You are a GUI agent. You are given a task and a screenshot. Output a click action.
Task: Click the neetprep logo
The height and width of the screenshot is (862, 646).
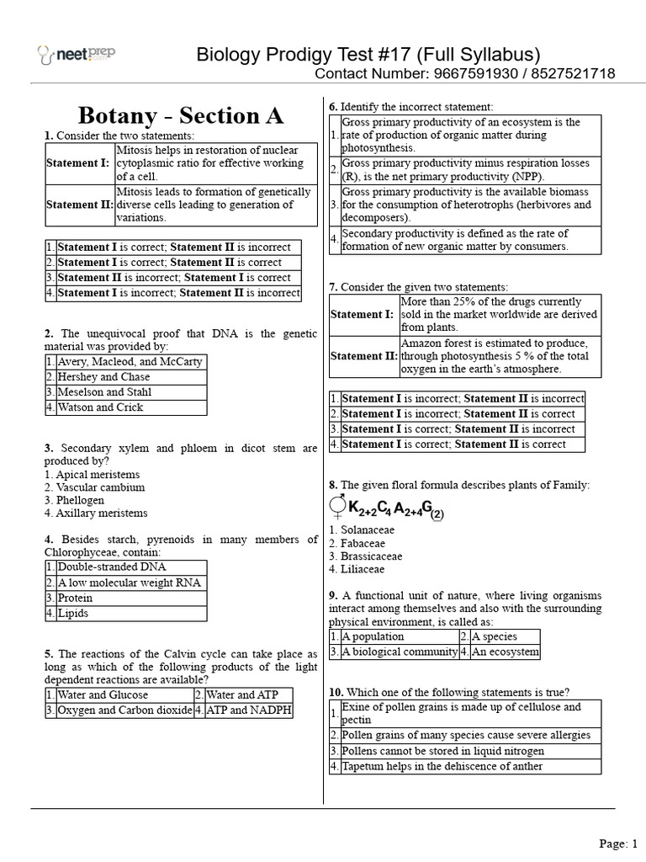[x=77, y=55]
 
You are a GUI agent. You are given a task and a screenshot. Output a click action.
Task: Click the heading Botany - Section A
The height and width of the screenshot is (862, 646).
[x=181, y=115]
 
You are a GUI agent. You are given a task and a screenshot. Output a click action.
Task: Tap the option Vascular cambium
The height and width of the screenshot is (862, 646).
[x=99, y=487]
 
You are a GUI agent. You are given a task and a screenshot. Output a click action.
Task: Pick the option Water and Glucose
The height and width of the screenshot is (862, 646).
[x=103, y=695]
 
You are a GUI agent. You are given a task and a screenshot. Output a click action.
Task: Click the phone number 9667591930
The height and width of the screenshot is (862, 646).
[x=469, y=74]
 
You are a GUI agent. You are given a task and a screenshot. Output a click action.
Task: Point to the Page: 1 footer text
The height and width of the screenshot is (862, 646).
[x=618, y=843]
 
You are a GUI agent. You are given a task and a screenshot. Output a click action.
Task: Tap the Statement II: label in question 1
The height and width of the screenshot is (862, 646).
[x=79, y=205]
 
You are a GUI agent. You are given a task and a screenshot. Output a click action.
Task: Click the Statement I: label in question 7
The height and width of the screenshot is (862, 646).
[x=362, y=314]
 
